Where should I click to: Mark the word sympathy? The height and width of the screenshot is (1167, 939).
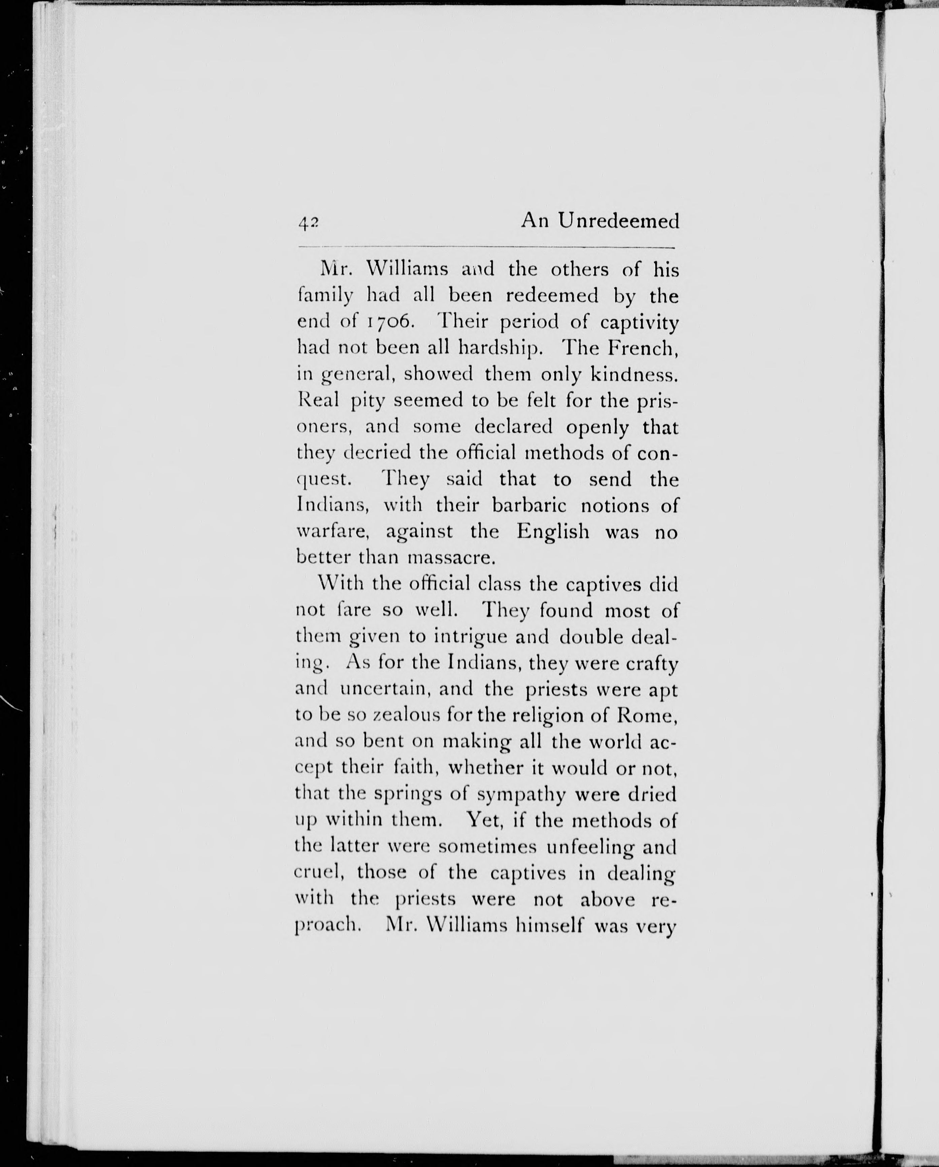(x=521, y=795)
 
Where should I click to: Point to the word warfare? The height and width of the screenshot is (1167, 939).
(x=332, y=532)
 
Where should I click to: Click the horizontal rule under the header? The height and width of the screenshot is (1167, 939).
(x=487, y=248)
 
